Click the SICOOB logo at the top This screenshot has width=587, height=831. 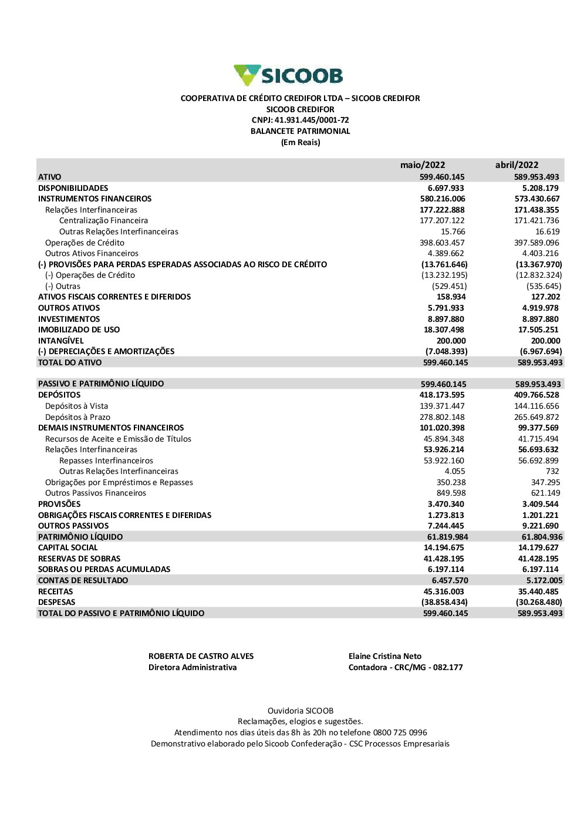click(x=288, y=76)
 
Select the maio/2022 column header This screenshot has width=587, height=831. click(x=423, y=165)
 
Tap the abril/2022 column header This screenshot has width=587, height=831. click(x=517, y=165)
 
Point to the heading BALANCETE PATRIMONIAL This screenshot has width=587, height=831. click(x=300, y=132)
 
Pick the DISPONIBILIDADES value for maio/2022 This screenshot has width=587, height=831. click(x=446, y=188)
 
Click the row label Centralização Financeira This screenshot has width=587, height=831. click(x=103, y=221)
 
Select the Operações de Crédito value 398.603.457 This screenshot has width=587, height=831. click(x=442, y=243)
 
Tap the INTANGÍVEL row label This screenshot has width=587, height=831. click(x=61, y=341)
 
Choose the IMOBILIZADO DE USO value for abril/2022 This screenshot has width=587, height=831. click(x=538, y=330)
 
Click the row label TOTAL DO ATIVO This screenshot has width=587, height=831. click(x=70, y=363)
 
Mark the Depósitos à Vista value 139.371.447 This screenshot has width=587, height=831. click(x=442, y=406)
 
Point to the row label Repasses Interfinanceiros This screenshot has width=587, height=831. click(x=106, y=461)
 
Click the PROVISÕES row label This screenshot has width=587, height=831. click(x=59, y=504)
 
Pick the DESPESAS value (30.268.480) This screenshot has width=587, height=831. click(x=539, y=603)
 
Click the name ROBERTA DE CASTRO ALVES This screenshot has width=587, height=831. click(x=201, y=657)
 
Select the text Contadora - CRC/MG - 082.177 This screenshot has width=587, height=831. click(x=406, y=668)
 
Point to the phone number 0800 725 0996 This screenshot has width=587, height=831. click(x=400, y=733)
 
